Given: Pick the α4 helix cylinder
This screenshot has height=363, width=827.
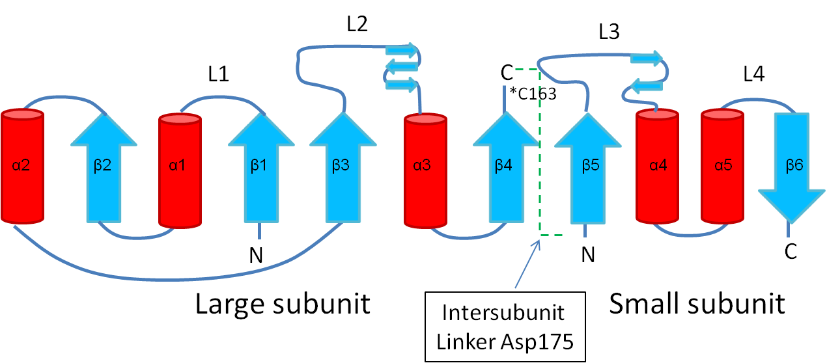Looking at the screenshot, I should point(657,166).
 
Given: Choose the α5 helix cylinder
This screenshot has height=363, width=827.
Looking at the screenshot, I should point(722,166).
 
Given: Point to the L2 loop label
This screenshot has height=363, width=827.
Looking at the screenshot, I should point(357,25).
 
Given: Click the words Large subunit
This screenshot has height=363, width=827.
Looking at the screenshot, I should point(283,304).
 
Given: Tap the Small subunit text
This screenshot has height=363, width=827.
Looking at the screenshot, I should point(697,304).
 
